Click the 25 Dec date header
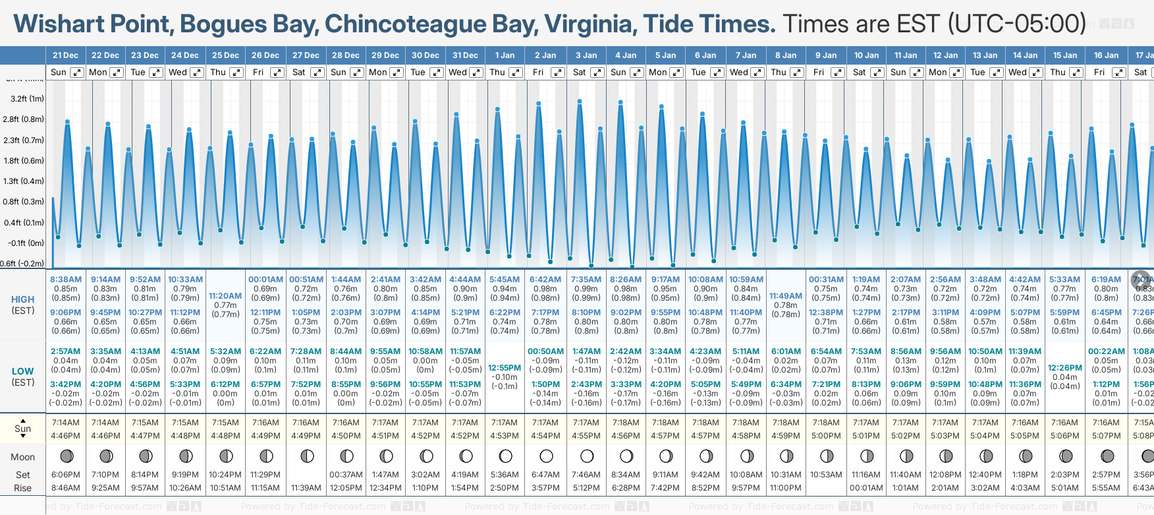pos(225,55)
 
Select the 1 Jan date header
pos(505,55)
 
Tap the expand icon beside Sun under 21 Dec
pos(77,73)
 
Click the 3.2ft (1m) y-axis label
pos(28,99)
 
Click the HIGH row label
pos(23,299)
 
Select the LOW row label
pos(23,371)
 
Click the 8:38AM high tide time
pos(66,280)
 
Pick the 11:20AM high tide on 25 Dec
pos(225,296)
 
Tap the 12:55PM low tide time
pos(505,368)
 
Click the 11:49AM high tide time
pos(786,296)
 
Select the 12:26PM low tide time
pos(1065,368)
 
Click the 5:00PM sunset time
pos(826,436)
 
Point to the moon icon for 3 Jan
pos(586,456)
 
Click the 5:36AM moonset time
pos(505,475)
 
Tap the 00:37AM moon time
pos(346,475)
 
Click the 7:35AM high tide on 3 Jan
pos(586,280)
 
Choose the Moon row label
pos(23,457)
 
